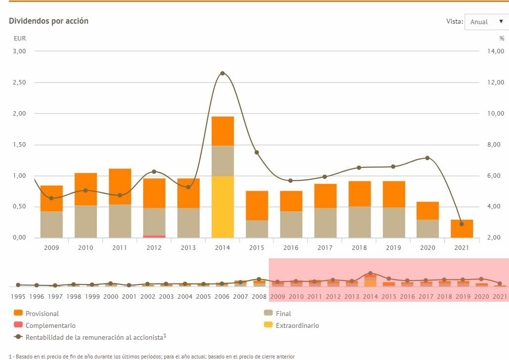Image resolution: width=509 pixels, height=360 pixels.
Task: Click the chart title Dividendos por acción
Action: pyautogui.click(x=48, y=21)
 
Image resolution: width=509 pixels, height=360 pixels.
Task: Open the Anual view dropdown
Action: pyautogui.click(x=486, y=22)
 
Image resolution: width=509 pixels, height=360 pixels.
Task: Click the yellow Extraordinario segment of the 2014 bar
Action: pyautogui.click(x=222, y=207)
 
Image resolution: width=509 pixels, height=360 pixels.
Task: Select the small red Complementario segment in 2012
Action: pyautogui.click(x=154, y=237)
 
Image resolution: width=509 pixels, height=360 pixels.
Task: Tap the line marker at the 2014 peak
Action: pyautogui.click(x=222, y=73)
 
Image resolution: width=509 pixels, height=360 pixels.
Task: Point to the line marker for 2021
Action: pyautogui.click(x=462, y=224)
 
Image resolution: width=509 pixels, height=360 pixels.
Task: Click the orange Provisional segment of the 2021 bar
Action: pyautogui.click(x=462, y=229)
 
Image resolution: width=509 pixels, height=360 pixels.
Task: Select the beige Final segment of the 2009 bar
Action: pyautogui.click(x=51, y=225)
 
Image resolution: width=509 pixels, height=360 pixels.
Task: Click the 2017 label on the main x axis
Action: pyautogui.click(x=325, y=247)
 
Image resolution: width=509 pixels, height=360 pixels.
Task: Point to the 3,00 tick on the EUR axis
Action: pyautogui.click(x=19, y=51)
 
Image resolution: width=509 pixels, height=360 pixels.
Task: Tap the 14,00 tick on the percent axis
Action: pyautogui.click(x=494, y=51)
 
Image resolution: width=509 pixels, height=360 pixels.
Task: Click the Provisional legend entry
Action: pyautogui.click(x=42, y=314)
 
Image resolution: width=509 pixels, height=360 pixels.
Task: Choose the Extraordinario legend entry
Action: pyautogui.click(x=297, y=325)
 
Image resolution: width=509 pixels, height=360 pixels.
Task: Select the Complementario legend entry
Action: pyautogui.click(x=50, y=325)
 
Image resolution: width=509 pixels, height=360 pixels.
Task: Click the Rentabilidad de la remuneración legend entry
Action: pyautogui.click(x=94, y=337)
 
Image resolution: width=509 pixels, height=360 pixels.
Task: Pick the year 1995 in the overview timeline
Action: pyautogui.click(x=18, y=296)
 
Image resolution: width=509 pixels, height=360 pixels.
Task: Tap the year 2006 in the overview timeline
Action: pyautogui.click(x=222, y=296)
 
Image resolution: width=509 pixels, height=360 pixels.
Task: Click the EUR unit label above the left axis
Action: pyautogui.click(x=20, y=39)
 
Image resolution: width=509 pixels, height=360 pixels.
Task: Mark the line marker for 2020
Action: pyautogui.click(x=427, y=158)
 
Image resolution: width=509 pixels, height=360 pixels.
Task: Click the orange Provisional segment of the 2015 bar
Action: pyautogui.click(x=257, y=205)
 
